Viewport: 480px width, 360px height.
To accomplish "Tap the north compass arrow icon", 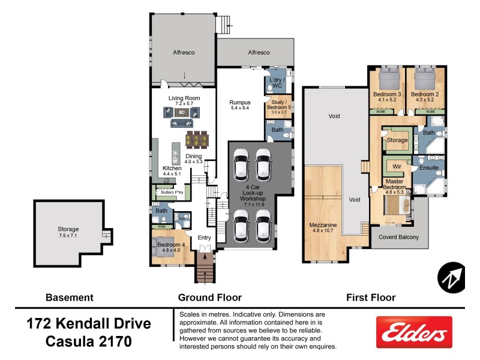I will click(x=451, y=277).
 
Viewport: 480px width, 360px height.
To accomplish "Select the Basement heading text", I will click(x=70, y=297).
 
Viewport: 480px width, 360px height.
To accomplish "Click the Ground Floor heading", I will click(x=209, y=297).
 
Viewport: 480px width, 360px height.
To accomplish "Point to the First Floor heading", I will click(x=371, y=297).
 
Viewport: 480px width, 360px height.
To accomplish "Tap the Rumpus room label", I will click(x=239, y=103).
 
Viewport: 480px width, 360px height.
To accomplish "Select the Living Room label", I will click(x=184, y=98).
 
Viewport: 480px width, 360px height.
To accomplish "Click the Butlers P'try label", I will click(x=170, y=193).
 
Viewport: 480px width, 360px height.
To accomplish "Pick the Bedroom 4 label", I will click(x=170, y=245).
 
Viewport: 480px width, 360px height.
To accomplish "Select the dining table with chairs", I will click(x=197, y=140).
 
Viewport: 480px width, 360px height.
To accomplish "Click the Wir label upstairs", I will click(x=397, y=166).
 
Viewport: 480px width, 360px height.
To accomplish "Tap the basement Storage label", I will click(x=68, y=229).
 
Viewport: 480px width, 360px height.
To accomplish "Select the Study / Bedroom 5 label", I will click(x=281, y=106).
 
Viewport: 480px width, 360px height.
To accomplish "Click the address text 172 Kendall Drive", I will click(x=89, y=324).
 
